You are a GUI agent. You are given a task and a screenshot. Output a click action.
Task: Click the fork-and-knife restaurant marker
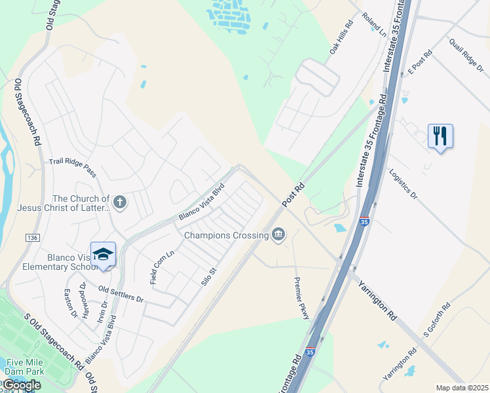click(440, 137)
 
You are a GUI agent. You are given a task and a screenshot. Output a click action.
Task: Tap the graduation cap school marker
click(103, 254)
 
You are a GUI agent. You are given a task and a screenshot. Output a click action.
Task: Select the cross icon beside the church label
click(119, 202)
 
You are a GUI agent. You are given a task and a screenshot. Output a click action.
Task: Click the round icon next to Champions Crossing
click(279, 234)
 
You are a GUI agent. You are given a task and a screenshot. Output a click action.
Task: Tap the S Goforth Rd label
click(437, 320)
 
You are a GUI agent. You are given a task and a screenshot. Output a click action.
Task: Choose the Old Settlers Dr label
click(121, 293)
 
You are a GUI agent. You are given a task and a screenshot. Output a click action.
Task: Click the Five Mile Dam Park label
click(26, 366)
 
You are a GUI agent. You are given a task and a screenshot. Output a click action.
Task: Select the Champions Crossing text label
click(227, 234)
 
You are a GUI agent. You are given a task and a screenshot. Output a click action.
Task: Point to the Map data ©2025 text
click(462, 388)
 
